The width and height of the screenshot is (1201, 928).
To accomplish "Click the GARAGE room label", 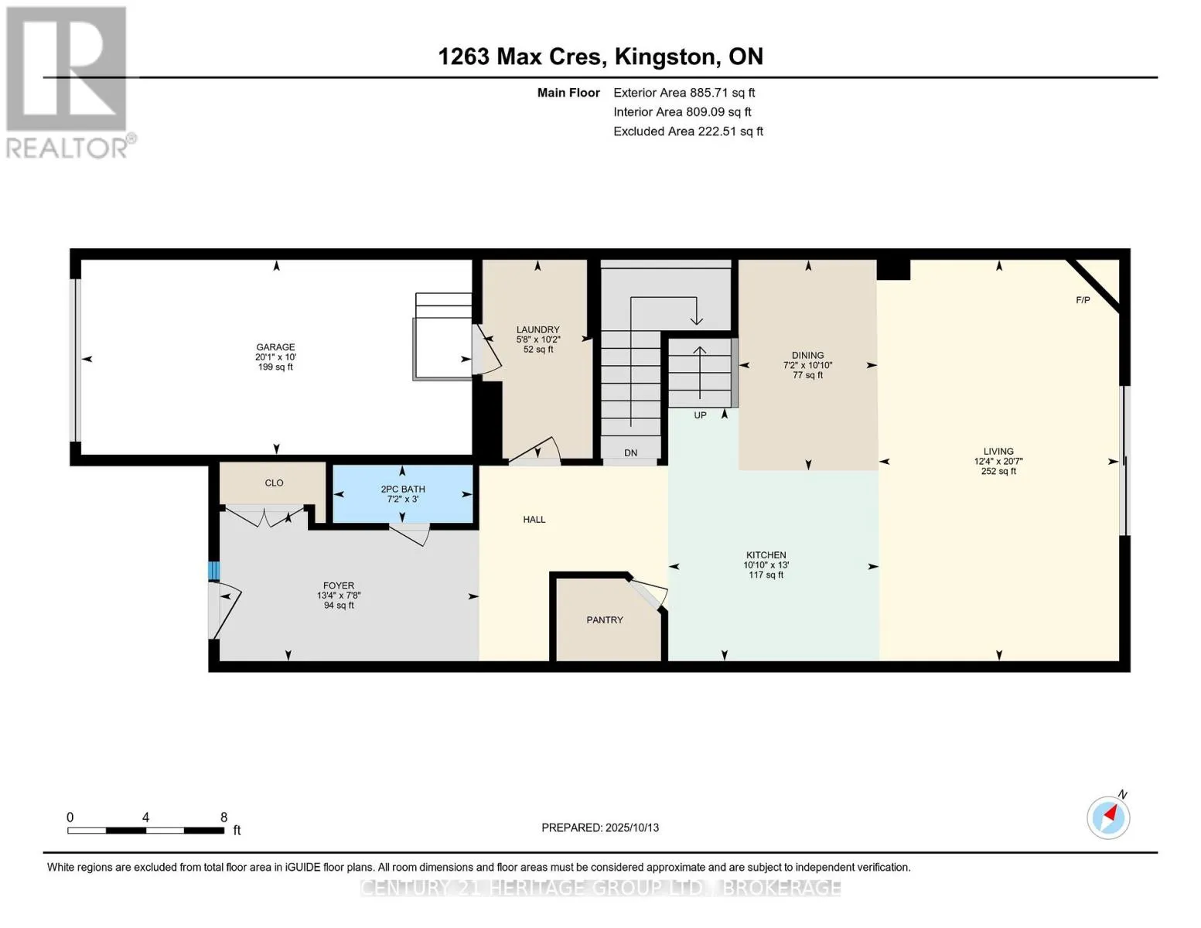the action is (x=275, y=347).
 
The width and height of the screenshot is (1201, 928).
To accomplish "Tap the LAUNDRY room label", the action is (x=537, y=329).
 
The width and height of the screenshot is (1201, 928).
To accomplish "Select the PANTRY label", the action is (x=605, y=620).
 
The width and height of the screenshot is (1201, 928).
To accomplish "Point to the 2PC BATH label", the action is (x=402, y=490).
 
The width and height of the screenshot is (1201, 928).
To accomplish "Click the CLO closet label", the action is (x=274, y=483).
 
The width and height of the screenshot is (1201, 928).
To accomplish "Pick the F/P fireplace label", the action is (x=1083, y=300).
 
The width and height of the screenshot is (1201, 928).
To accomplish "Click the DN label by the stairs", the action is (x=630, y=452).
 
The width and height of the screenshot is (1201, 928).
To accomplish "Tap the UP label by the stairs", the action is (x=700, y=415).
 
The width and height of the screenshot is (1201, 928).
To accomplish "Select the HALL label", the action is (x=534, y=520).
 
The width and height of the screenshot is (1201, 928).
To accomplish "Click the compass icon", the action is (x=1108, y=817).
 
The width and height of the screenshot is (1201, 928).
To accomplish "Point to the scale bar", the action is (x=146, y=830).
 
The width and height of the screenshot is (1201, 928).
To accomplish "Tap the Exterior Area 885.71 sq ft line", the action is (x=684, y=93).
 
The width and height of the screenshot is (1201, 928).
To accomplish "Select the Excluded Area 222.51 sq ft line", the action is (x=688, y=131).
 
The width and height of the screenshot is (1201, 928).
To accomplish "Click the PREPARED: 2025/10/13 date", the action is (x=599, y=827).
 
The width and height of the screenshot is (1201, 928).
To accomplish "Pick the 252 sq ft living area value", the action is (x=998, y=472).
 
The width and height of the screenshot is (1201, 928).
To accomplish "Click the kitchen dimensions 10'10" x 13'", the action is (x=766, y=565).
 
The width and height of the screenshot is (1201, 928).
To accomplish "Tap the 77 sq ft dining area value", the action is (x=807, y=375).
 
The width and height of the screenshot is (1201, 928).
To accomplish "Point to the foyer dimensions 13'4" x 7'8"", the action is (x=338, y=595).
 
